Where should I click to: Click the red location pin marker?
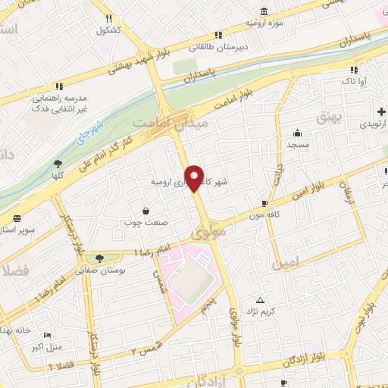(x=195, y=177)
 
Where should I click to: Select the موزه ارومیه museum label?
(x=263, y=23)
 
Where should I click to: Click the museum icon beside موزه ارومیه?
(x=263, y=11)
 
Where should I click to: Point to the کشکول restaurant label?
(x=108, y=30)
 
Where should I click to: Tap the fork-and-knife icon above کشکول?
(x=108, y=18)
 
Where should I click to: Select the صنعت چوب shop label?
(x=145, y=223)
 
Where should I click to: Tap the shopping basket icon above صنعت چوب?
(x=145, y=211)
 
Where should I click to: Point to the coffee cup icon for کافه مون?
(x=264, y=203)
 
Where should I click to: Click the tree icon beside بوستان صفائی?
(x=99, y=258)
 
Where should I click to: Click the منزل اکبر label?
(x=48, y=347)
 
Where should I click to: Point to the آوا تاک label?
(x=355, y=80)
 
